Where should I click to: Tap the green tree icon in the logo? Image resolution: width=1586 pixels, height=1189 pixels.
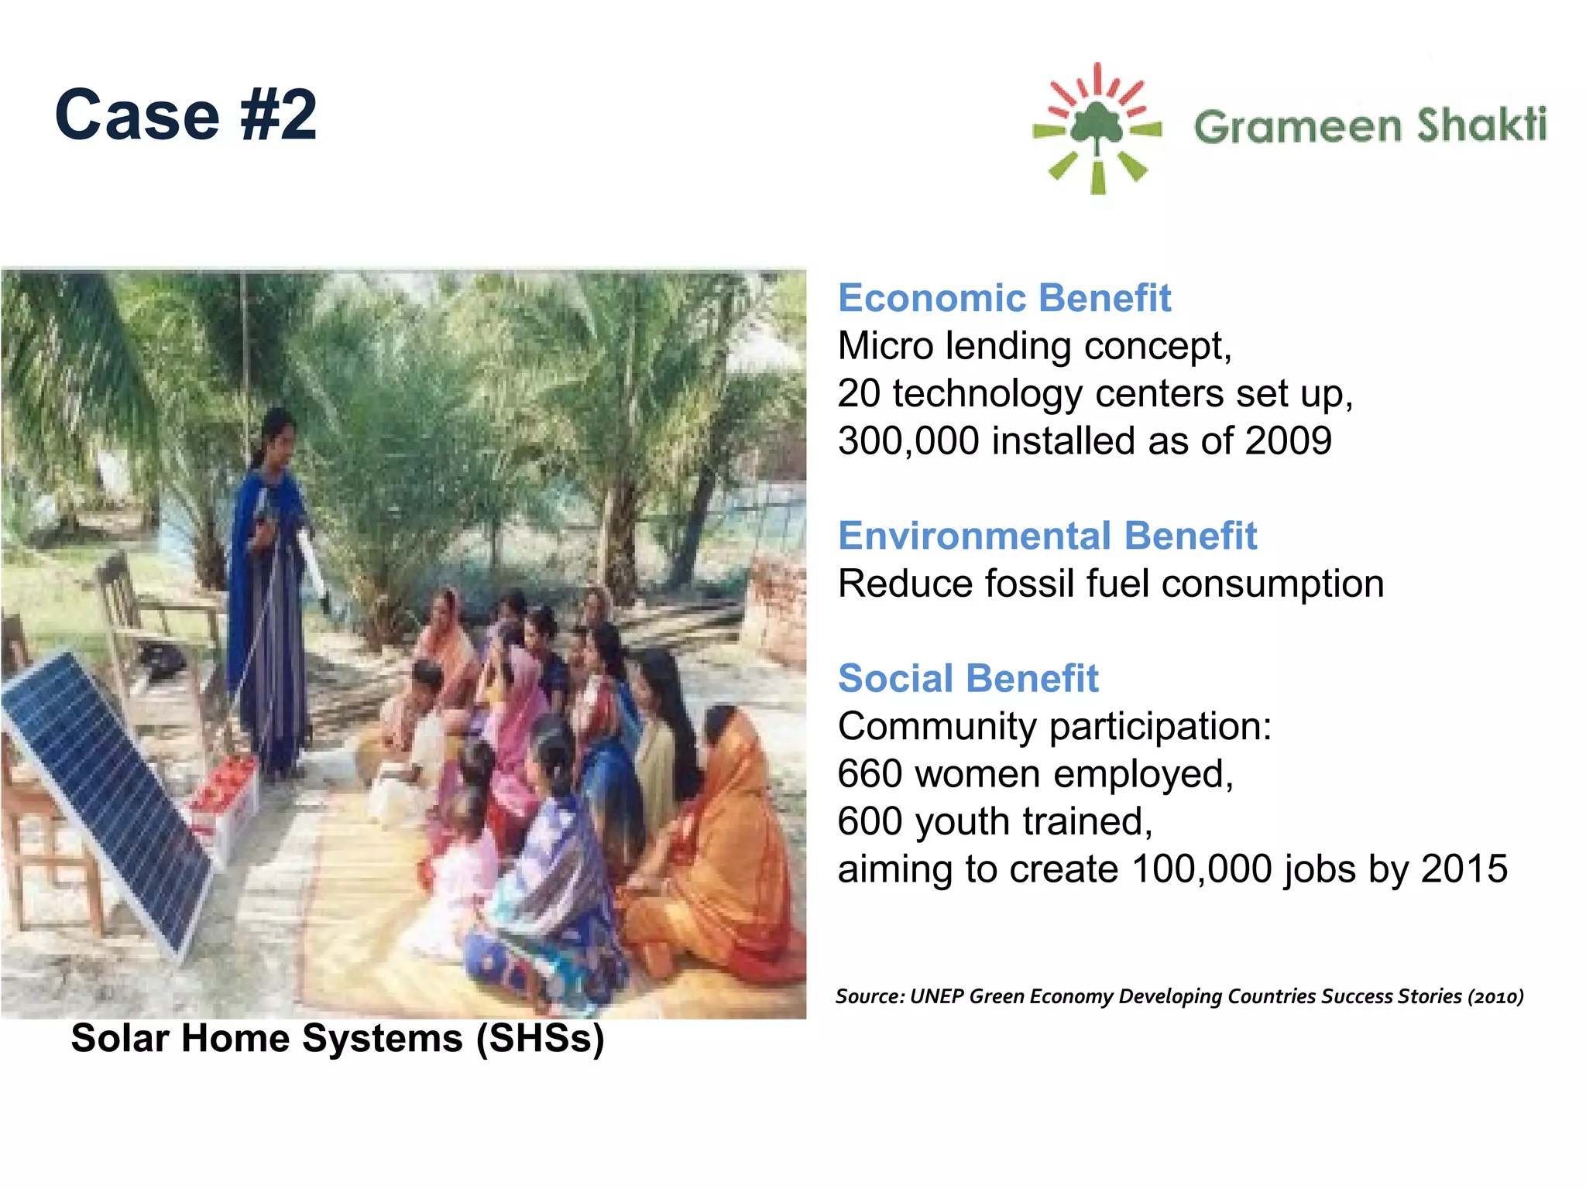click(1097, 124)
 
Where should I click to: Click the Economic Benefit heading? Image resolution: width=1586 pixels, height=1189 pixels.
click(1004, 298)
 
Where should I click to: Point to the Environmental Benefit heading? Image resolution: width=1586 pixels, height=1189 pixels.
click(1047, 536)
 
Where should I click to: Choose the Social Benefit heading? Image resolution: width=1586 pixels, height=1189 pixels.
click(968, 679)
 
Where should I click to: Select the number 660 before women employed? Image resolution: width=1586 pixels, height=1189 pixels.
click(870, 774)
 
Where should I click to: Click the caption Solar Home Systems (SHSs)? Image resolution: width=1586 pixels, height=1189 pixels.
click(338, 1038)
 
